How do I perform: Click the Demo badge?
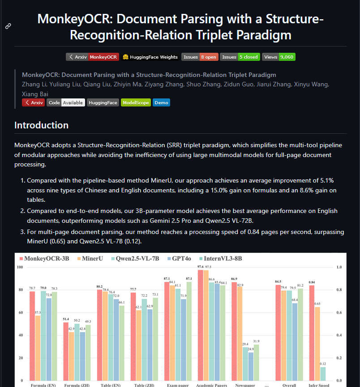[x=161, y=102]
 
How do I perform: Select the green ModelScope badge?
[x=136, y=102]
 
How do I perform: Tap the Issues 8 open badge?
[x=200, y=57]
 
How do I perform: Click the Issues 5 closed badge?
[x=240, y=57]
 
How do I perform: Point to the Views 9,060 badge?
[x=279, y=57]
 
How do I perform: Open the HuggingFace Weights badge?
[x=150, y=57]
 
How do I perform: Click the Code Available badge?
[x=66, y=102]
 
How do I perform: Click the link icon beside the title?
[x=8, y=26]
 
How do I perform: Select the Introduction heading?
[x=41, y=125]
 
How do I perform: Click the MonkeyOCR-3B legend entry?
[x=44, y=259]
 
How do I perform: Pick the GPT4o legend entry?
[x=179, y=259]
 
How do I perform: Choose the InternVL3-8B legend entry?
[x=221, y=259]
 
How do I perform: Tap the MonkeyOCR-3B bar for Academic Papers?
[x=201, y=325]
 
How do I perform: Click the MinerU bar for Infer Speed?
[x=317, y=344]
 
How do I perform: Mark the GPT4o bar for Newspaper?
[x=251, y=366]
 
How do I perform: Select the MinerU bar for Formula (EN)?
[x=38, y=348]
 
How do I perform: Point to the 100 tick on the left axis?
[x=20, y=267]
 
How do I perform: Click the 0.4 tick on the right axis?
[x=339, y=335]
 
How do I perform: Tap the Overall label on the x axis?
[x=289, y=385]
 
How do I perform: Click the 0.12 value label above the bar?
[x=323, y=364]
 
